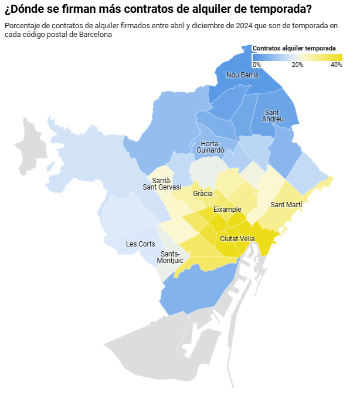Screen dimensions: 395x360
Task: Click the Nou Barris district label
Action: [242, 75]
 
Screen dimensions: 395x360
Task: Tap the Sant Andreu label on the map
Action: [272, 116]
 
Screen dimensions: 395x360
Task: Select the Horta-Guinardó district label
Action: [210, 147]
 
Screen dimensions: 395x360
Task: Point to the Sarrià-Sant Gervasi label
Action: [162, 183]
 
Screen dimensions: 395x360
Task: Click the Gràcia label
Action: [202, 193]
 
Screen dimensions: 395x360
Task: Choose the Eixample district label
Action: [227, 210]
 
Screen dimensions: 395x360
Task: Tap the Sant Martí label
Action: [286, 205]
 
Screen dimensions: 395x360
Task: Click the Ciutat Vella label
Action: [237, 239]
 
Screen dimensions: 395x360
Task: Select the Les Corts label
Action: [140, 244]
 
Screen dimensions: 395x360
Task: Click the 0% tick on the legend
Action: [256, 65]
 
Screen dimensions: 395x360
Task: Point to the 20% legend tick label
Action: [297, 65]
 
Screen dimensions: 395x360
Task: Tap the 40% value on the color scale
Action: [336, 65]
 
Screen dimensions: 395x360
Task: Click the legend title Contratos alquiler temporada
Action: [294, 48]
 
